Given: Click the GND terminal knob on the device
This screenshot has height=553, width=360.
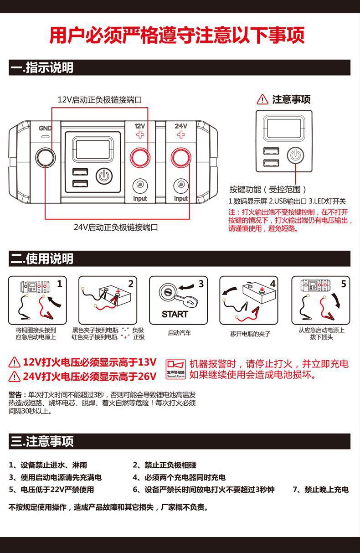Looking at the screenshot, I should click(x=45, y=158).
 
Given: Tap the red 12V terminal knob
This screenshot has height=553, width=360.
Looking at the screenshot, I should click(x=139, y=158).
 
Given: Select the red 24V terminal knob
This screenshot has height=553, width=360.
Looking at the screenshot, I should click(x=181, y=158).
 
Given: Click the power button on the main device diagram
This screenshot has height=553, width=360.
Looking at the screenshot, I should click(x=104, y=176).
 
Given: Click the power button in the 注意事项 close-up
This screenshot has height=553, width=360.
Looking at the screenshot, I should click(x=295, y=155).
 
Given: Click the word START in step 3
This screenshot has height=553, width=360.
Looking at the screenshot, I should click(x=175, y=314).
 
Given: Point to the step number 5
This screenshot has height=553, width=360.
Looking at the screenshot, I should click(x=343, y=284).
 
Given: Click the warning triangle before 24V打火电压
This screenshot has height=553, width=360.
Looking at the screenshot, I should click(x=15, y=377).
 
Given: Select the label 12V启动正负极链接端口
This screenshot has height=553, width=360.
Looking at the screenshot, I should click(x=99, y=99).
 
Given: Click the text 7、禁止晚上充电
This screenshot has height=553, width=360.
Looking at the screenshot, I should click(x=320, y=490).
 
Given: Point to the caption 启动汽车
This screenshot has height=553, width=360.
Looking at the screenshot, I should click(x=179, y=333).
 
